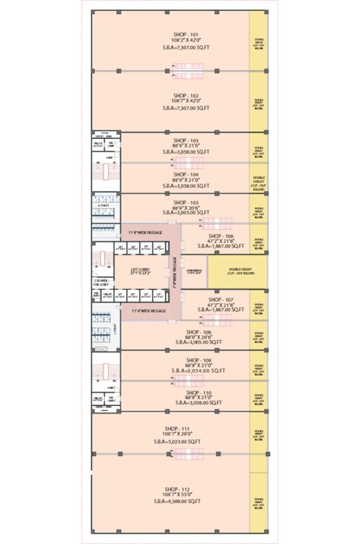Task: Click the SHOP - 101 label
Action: pos(186,34)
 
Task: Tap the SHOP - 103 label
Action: pos(186,140)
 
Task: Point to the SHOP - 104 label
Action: pos(186,174)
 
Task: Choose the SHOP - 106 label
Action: pos(220,235)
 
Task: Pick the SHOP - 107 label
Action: pos(220,298)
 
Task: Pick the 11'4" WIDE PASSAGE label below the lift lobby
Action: pos(148,310)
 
